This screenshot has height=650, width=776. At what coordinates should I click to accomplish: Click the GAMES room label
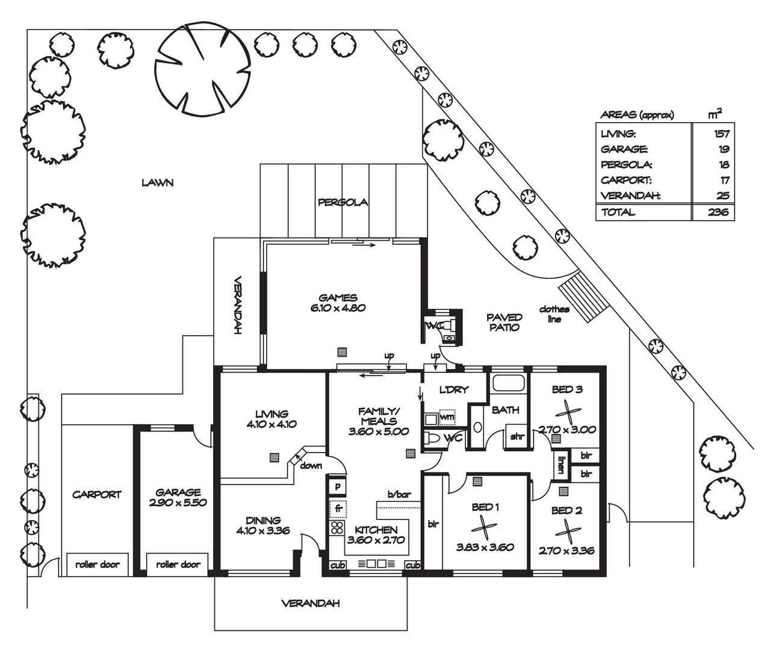tap(338, 298)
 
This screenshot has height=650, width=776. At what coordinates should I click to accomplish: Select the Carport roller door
tap(98, 565)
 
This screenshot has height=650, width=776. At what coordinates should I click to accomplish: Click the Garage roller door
tap(177, 565)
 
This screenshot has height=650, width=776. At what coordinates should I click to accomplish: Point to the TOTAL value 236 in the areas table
tap(718, 212)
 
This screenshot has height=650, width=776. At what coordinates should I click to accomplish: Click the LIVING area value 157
tap(721, 134)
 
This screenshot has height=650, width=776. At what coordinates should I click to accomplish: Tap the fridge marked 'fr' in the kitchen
tap(338, 508)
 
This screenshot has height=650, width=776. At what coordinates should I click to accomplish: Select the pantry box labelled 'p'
tap(338, 486)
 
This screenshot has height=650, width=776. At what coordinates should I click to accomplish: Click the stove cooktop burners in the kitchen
tap(337, 528)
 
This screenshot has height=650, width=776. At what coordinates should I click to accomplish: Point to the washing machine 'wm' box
tap(447, 417)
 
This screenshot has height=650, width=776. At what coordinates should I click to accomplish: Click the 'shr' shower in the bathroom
tap(517, 436)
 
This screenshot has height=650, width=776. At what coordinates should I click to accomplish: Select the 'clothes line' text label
tap(554, 314)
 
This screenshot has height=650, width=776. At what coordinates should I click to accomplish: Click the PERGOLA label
tap(343, 203)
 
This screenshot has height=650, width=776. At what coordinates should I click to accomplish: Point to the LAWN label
tap(158, 182)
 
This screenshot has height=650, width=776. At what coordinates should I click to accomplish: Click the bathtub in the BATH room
tap(508, 383)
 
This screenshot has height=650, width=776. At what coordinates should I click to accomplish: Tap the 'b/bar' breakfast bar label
tap(399, 494)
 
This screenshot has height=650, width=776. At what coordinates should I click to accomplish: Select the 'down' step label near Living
tap(311, 466)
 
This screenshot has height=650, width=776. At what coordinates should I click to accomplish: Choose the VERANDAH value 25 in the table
tap(723, 196)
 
